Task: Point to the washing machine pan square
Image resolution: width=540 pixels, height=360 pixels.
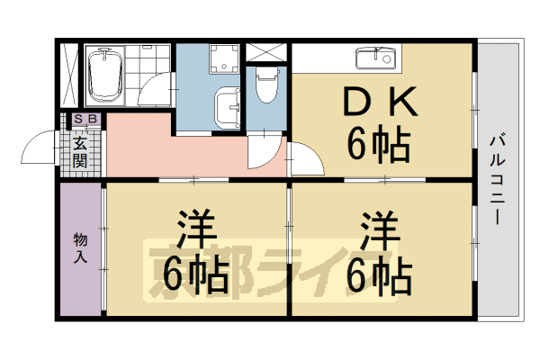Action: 220,61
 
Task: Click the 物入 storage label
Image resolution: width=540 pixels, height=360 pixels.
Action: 80,247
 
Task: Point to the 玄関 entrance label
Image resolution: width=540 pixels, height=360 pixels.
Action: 80,150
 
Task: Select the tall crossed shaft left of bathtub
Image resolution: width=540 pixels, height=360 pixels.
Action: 68,76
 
